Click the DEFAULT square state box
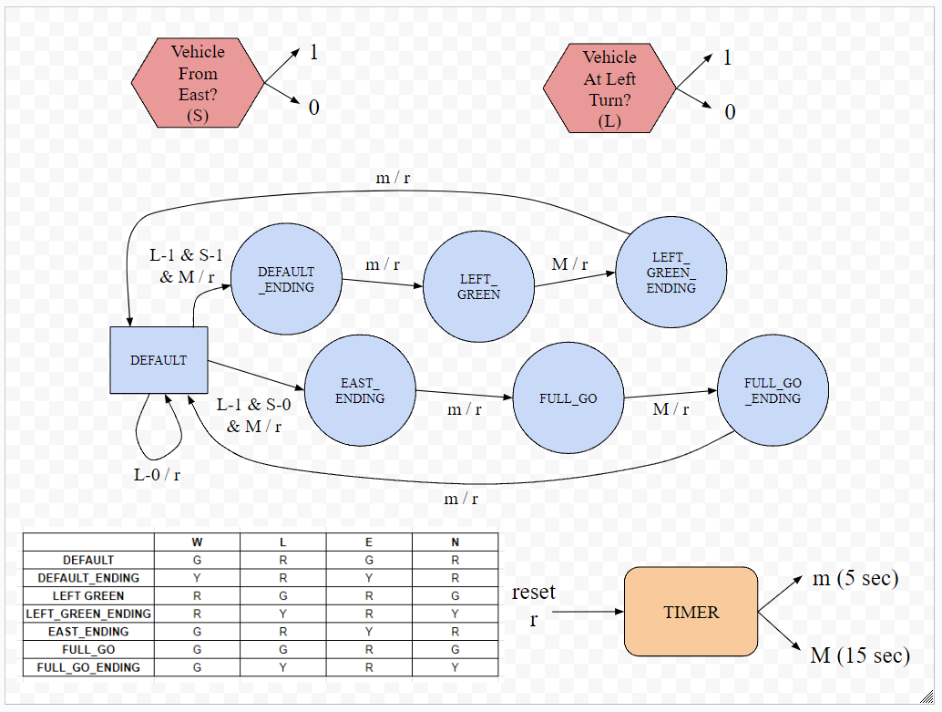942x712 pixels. (x=159, y=360)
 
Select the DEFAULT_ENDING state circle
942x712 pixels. (x=286, y=279)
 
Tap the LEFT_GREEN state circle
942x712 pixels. (x=478, y=286)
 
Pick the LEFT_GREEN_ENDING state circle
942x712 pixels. (x=671, y=273)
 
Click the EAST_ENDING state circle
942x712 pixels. (x=360, y=391)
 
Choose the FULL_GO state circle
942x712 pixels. (x=568, y=398)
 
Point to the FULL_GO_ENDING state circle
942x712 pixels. (x=773, y=391)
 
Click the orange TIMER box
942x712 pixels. (x=691, y=612)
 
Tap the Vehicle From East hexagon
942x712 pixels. (x=198, y=83)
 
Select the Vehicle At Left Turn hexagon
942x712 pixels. (x=609, y=88)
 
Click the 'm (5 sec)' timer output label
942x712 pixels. (x=855, y=578)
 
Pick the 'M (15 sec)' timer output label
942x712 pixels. (x=859, y=655)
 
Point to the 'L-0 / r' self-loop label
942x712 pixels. (x=158, y=474)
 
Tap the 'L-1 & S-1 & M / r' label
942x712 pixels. (x=186, y=265)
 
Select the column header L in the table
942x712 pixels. (x=283, y=542)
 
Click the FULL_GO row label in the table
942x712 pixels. (x=88, y=649)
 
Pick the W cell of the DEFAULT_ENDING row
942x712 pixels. (x=197, y=577)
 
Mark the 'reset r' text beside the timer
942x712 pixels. (x=533, y=605)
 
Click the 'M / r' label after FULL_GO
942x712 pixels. (x=671, y=409)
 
